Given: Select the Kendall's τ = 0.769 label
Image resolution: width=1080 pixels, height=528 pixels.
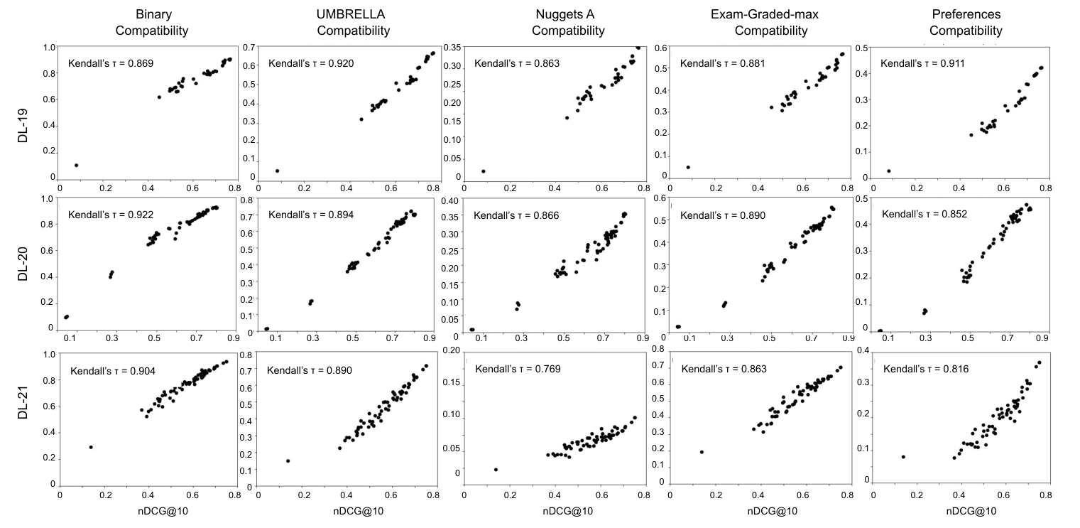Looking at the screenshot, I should pyautogui.click(x=517, y=369).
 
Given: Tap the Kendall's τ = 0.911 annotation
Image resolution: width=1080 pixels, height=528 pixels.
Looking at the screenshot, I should pyautogui.click(x=922, y=64).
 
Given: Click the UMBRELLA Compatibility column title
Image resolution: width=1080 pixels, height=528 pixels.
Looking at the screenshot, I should pyautogui.click(x=353, y=23).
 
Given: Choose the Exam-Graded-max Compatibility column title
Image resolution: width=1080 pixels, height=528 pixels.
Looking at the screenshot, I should pyautogui.click(x=771, y=23).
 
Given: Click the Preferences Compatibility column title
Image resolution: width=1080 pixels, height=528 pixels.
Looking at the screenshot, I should pyautogui.click(x=966, y=23).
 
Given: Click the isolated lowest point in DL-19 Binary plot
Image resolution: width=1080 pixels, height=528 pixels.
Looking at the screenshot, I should pyautogui.click(x=76, y=166).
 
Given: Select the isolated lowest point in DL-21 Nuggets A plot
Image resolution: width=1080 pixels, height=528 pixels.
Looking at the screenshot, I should pyautogui.click(x=496, y=470).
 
